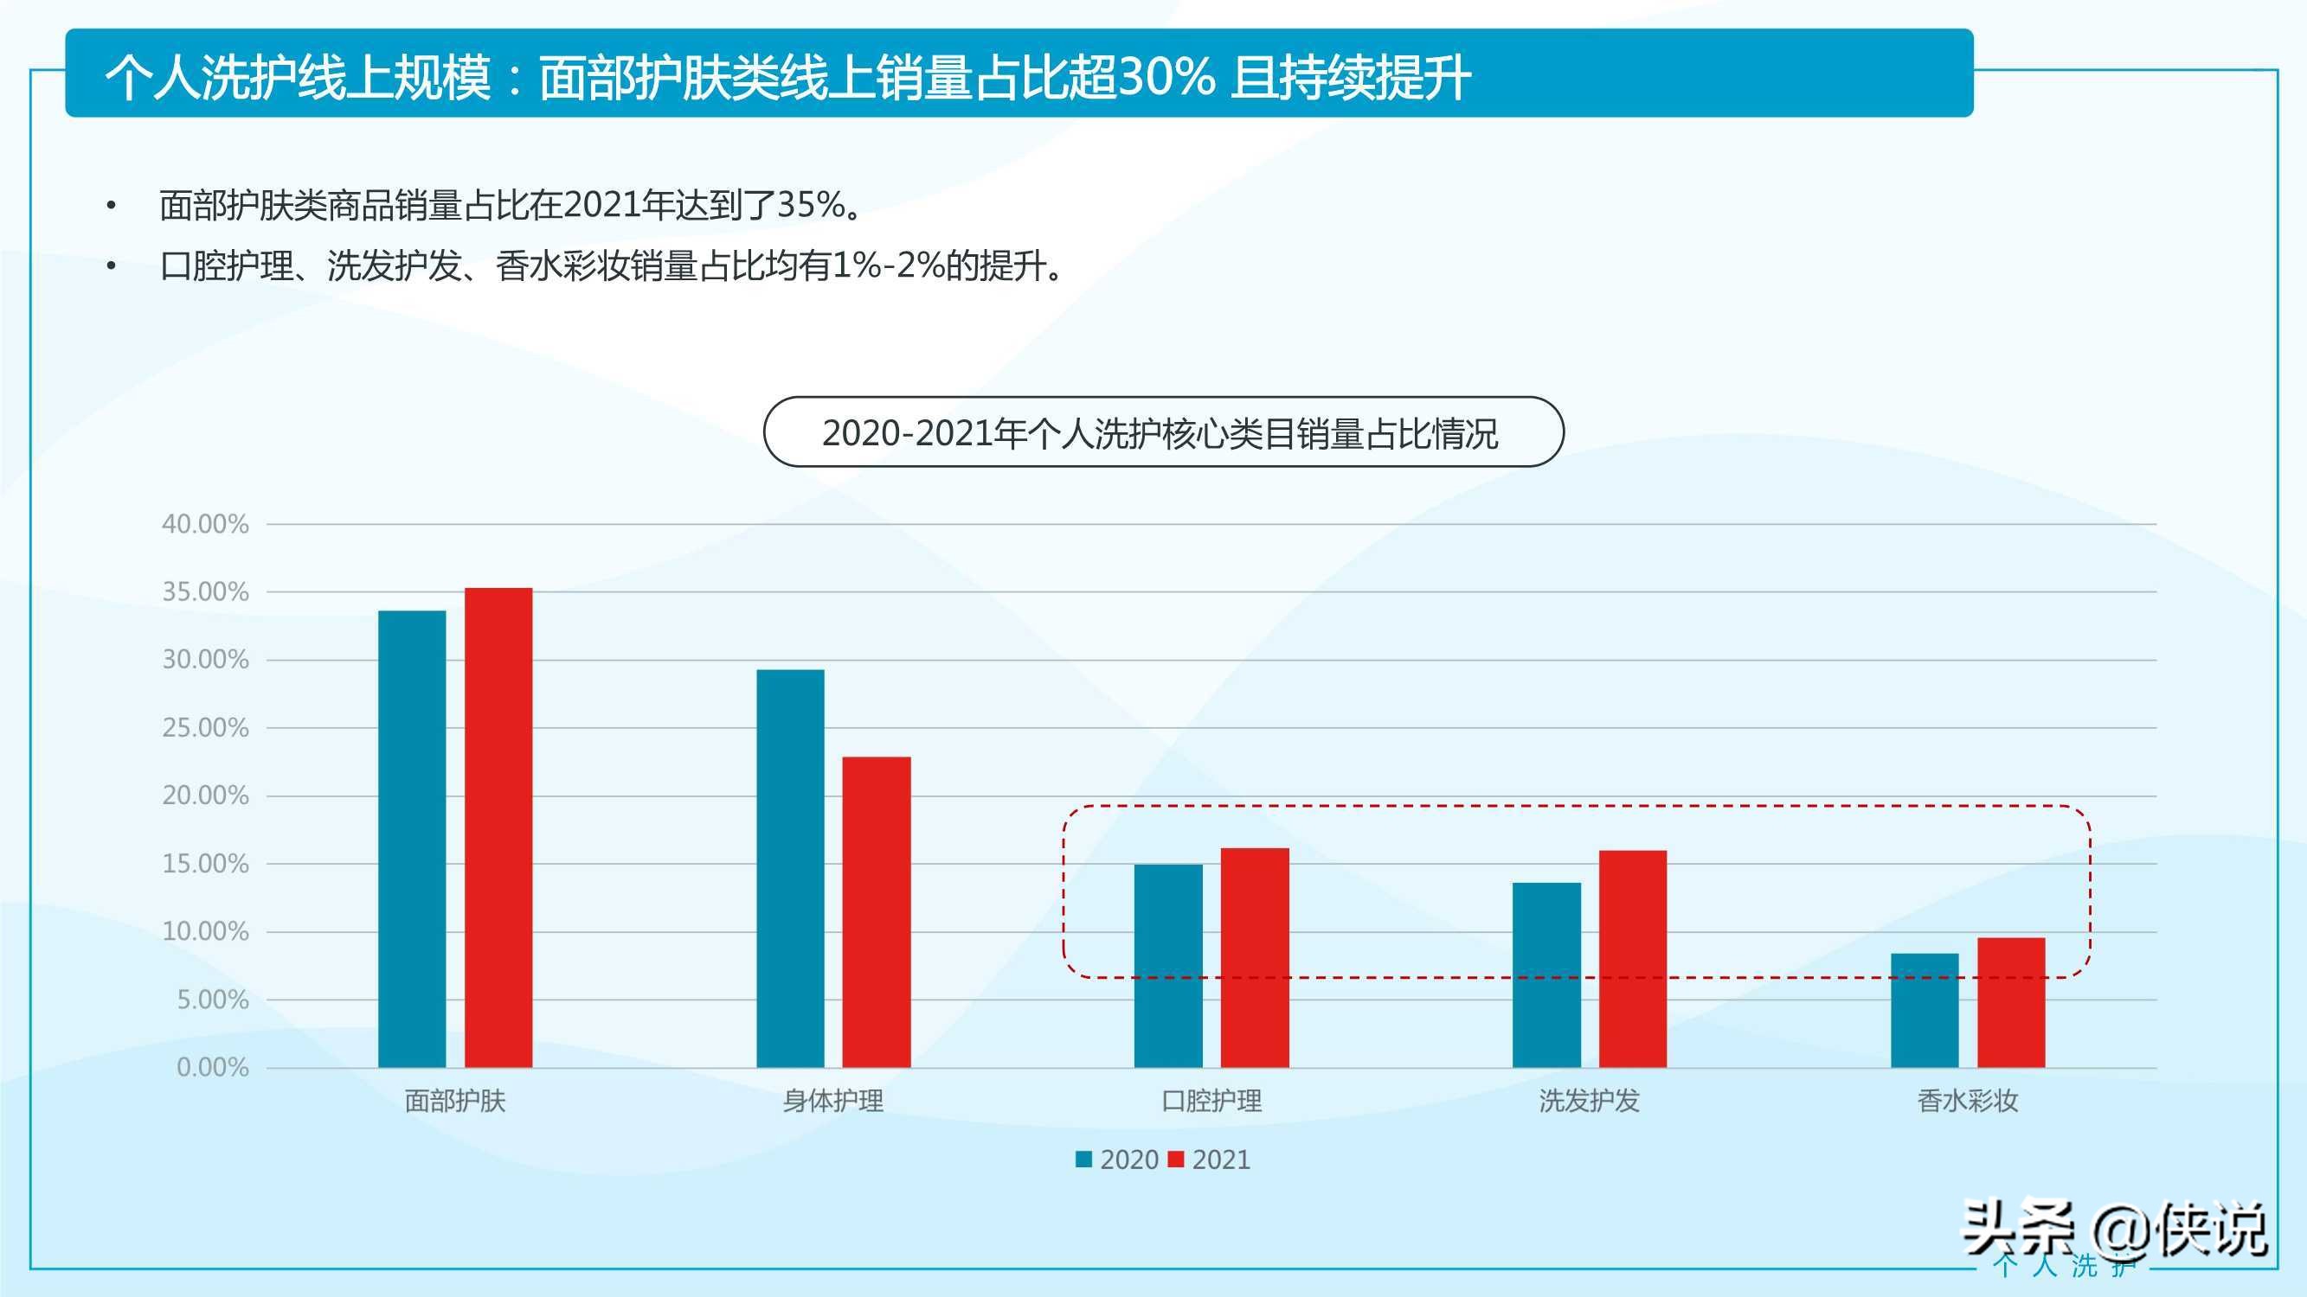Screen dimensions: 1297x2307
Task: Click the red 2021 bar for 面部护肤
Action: click(498, 827)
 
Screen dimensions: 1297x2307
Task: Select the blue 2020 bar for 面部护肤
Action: click(412, 839)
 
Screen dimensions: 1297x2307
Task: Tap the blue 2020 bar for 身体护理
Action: click(790, 868)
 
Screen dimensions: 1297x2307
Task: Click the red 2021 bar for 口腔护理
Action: click(1255, 957)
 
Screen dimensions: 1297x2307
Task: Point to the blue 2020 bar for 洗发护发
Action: click(1546, 974)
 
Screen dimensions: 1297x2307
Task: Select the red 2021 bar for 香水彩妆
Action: click(2010, 1001)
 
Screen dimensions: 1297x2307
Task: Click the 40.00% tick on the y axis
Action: click(205, 524)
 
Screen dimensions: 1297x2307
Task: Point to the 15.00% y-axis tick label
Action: click(205, 864)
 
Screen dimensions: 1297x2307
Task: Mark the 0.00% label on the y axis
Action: click(212, 1067)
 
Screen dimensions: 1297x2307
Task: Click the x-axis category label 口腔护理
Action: click(1211, 1101)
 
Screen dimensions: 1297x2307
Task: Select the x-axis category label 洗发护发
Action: click(1589, 1101)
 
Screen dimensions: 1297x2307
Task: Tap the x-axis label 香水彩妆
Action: click(1968, 1101)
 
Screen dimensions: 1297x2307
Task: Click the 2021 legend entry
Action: click(1210, 1160)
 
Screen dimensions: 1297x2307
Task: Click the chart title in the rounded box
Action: click(1161, 433)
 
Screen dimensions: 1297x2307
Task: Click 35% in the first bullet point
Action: click(812, 205)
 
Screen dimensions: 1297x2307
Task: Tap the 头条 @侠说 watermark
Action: click(2113, 1230)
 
